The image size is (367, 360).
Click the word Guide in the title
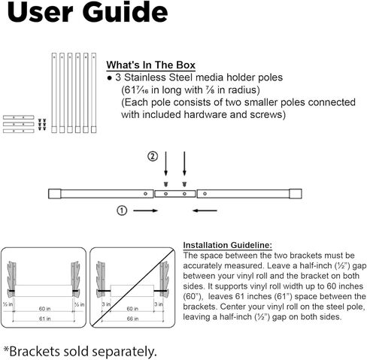pyautogui.click(x=125, y=12)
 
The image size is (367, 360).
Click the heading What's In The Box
pyautogui.click(x=150, y=65)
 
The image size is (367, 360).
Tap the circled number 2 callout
pyautogui.click(x=153, y=156)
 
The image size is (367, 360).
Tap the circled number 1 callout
pyautogui.click(x=122, y=210)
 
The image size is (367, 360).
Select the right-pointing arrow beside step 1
pyautogui.click(x=145, y=210)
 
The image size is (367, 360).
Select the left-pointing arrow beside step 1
pyautogui.click(x=205, y=210)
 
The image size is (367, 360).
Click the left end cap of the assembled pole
pyautogui.click(x=55, y=194)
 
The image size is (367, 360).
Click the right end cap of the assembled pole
pyautogui.click(x=296, y=194)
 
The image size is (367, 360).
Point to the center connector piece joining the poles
pyautogui.click(x=175, y=194)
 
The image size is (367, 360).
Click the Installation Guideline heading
pyautogui.click(x=227, y=245)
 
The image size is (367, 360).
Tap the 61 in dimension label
pyautogui.click(x=45, y=319)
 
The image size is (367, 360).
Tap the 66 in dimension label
pyautogui.click(x=132, y=319)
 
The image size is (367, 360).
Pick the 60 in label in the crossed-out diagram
pyautogui.click(x=132, y=309)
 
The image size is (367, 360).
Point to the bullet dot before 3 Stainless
pyautogui.click(x=109, y=78)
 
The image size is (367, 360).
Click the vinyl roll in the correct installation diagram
pyautogui.click(x=44, y=291)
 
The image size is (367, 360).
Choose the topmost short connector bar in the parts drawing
pyautogui.click(x=19, y=117)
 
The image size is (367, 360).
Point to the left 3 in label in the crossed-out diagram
pyautogui.click(x=106, y=304)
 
